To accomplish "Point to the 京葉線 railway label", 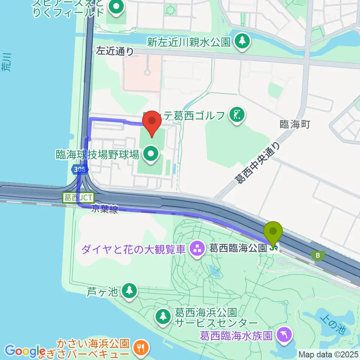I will coord(105,210).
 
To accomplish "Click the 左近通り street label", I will coord(115,51).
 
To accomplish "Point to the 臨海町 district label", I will coord(295,125).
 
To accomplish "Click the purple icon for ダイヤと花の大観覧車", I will coord(196,248).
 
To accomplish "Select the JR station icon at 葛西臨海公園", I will coord(274,248).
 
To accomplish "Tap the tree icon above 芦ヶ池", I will coord(129,290).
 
